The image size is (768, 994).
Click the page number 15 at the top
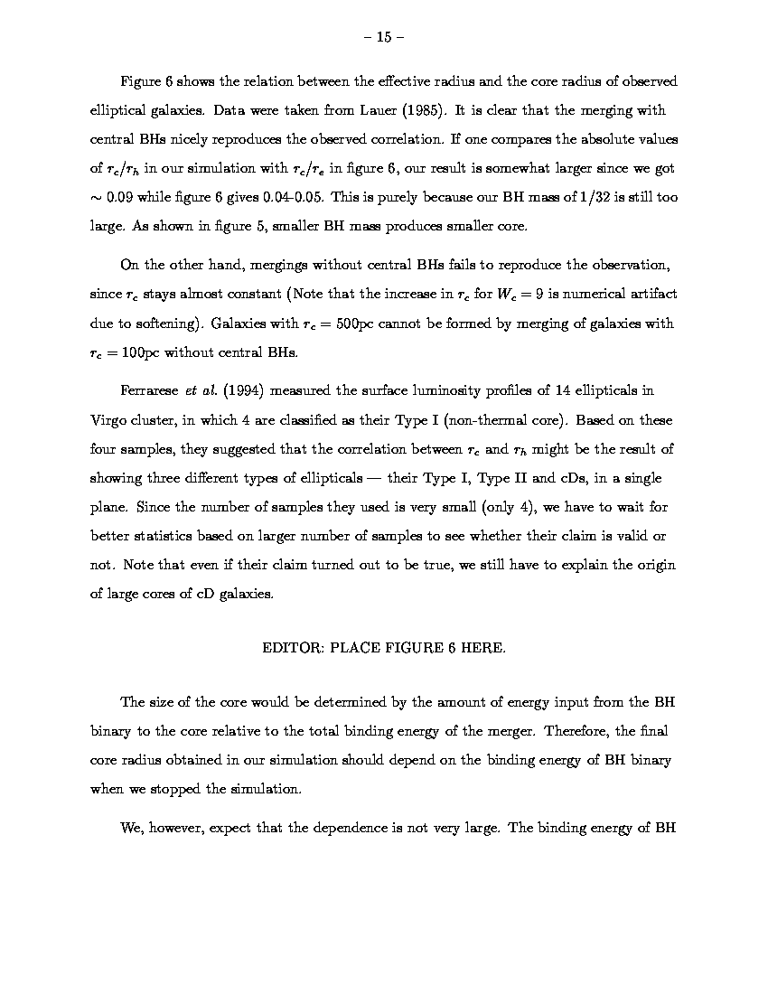383,37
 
